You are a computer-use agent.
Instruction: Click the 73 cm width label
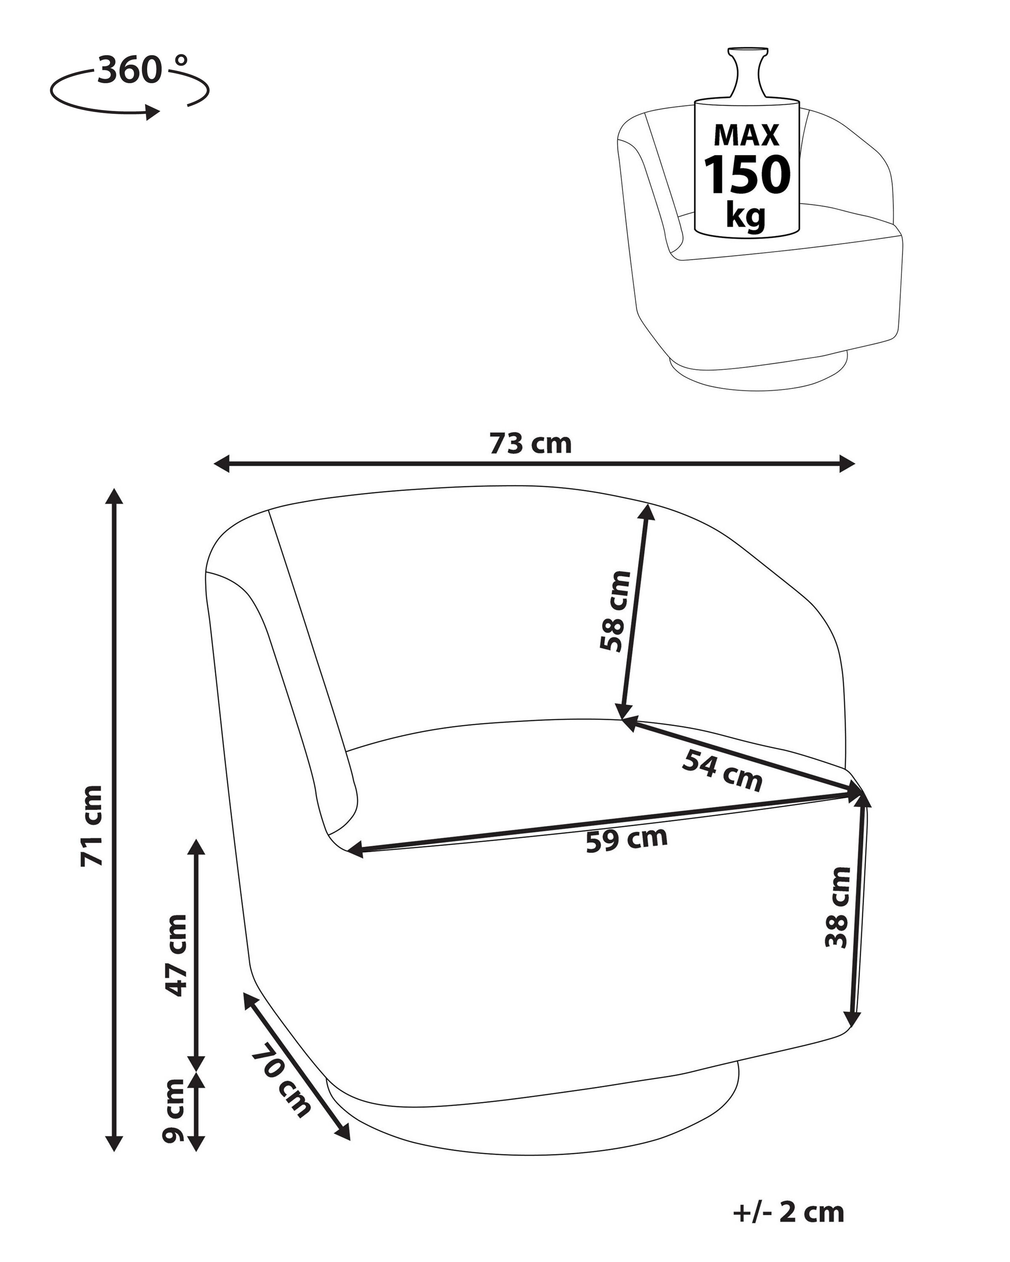531,444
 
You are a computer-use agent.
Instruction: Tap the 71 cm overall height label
92,826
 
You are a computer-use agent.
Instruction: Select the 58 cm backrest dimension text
615,610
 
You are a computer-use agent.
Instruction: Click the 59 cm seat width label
627,839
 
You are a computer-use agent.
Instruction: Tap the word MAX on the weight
746,135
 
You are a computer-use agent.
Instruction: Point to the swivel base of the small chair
755,372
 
